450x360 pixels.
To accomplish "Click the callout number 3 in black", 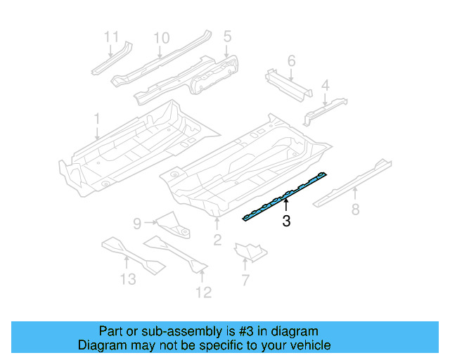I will (286, 222).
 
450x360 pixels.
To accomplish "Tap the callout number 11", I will (112, 36).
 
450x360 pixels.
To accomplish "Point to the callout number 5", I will (227, 35).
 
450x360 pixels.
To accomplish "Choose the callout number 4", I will (325, 86).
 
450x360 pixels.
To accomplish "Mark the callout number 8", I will (355, 209).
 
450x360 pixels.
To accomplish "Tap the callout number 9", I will (137, 224).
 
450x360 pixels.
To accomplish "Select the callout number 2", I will (217, 241).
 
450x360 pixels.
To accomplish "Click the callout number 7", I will (245, 281).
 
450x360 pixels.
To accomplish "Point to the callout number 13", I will (127, 280).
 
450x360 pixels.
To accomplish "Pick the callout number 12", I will (203, 292).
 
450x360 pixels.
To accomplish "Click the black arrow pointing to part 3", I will (286, 205).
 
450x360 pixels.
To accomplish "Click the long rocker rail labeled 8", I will (352, 181).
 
